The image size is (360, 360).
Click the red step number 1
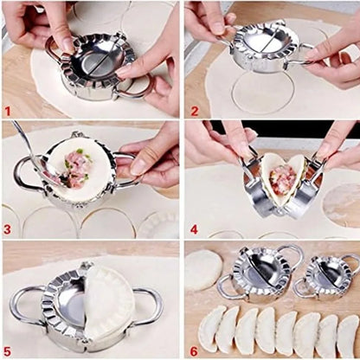pos(10,111)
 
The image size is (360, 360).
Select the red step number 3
pos(10,230)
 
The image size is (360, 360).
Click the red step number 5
pos(10,350)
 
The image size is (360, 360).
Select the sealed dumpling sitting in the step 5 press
pos(108,303)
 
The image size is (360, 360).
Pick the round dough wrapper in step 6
pos(204,269)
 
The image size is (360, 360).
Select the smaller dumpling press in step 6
pos(327,276)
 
